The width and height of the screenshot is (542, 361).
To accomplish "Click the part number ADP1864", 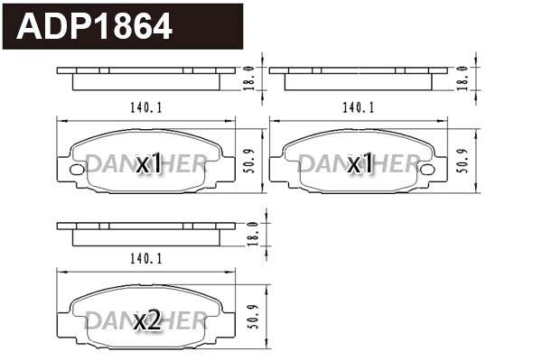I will [96, 26].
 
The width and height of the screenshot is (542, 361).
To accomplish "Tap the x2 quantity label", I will [147, 319].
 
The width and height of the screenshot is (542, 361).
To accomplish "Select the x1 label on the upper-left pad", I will [147, 163].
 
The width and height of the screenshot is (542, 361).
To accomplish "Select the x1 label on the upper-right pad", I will [360, 163].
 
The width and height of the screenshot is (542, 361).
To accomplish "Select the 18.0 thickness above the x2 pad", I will [253, 233].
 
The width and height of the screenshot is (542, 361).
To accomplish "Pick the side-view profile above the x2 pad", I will [146, 232].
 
